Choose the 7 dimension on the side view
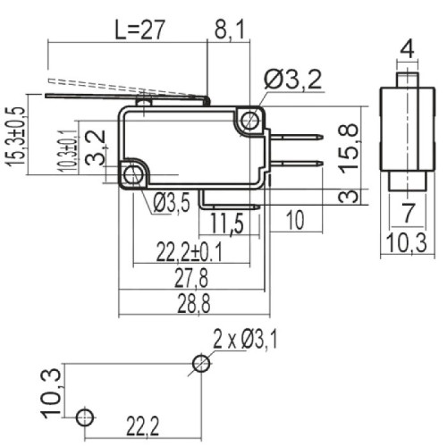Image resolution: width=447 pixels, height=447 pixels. [x=407, y=213]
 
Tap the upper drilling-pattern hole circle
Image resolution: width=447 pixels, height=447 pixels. [x=202, y=363]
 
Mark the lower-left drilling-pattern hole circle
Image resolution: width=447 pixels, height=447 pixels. [x=83, y=417]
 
